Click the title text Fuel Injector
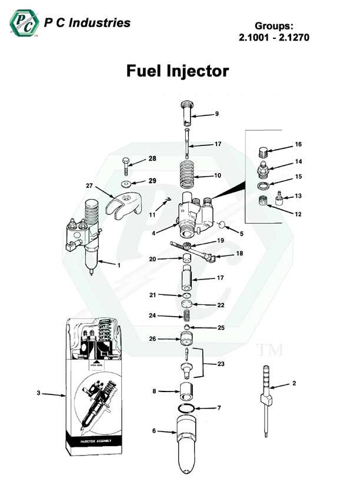[x=177, y=71]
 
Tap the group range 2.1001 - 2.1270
[x=271, y=37]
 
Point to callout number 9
[x=217, y=114]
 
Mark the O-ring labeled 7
[x=186, y=408]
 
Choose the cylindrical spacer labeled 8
[x=186, y=391]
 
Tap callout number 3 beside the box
[x=38, y=394]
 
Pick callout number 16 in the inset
[x=298, y=144]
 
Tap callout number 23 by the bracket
[x=221, y=364]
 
